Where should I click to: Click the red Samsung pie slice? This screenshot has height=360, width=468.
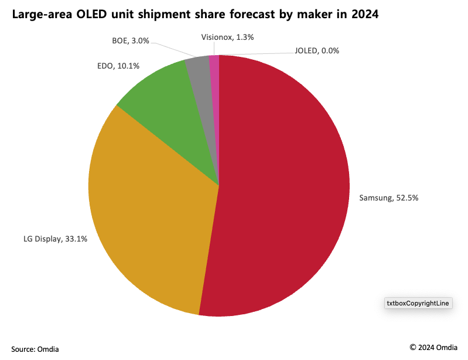[281, 188]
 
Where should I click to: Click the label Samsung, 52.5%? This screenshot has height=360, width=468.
[388, 198]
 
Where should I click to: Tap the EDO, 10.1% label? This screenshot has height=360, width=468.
[118, 66]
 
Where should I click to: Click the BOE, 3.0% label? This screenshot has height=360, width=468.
[130, 41]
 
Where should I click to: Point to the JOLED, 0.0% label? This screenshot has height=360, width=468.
[316, 50]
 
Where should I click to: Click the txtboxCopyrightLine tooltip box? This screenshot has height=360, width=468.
[418, 303]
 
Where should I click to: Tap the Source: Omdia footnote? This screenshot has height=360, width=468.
[35, 349]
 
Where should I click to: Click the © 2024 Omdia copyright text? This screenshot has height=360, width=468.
[433, 347]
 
